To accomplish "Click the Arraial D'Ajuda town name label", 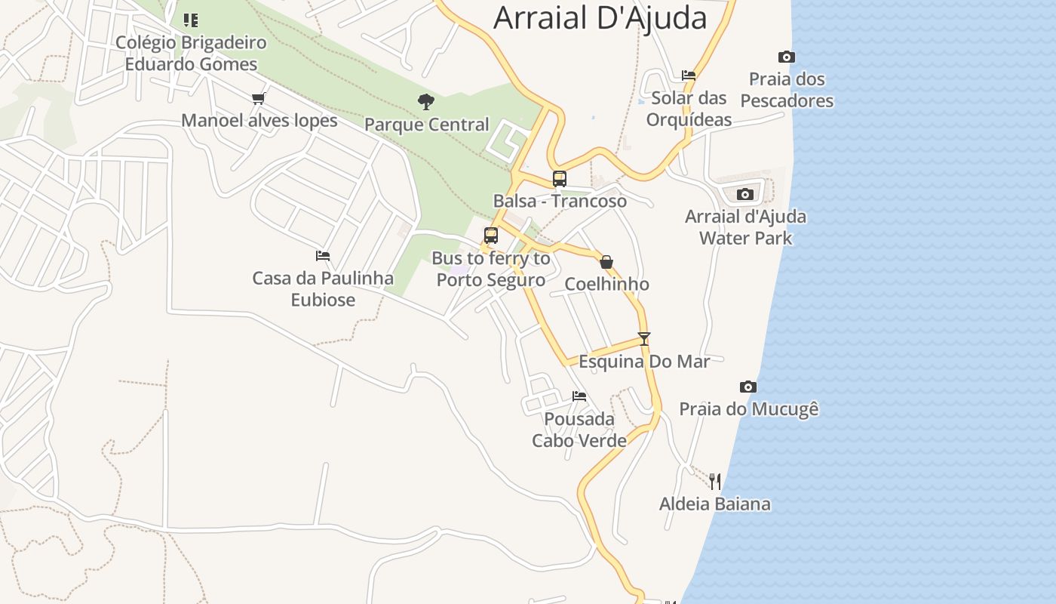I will click(600, 18).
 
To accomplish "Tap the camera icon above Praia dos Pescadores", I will click(786, 57).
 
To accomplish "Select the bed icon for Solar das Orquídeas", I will click(688, 75).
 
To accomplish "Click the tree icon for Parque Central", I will click(426, 101).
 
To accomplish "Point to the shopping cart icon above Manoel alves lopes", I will click(259, 98).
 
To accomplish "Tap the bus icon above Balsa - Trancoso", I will click(559, 178).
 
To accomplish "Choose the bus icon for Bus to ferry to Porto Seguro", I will click(491, 236).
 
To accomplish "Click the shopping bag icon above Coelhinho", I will click(606, 262).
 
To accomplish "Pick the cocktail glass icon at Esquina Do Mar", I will click(643, 339).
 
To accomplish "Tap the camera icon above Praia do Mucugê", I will click(747, 387).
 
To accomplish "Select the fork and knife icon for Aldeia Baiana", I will click(714, 481).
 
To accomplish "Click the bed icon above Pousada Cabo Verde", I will click(579, 396).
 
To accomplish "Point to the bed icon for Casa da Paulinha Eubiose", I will click(323, 256).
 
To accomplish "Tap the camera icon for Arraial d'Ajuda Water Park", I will click(744, 194).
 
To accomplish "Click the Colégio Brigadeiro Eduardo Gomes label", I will click(191, 53).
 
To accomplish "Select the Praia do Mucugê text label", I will click(748, 409).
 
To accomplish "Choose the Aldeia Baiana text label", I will click(714, 504).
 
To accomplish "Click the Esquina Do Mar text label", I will click(643, 362).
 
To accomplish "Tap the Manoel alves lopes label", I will click(259, 121).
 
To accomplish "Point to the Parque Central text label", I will click(426, 125).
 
